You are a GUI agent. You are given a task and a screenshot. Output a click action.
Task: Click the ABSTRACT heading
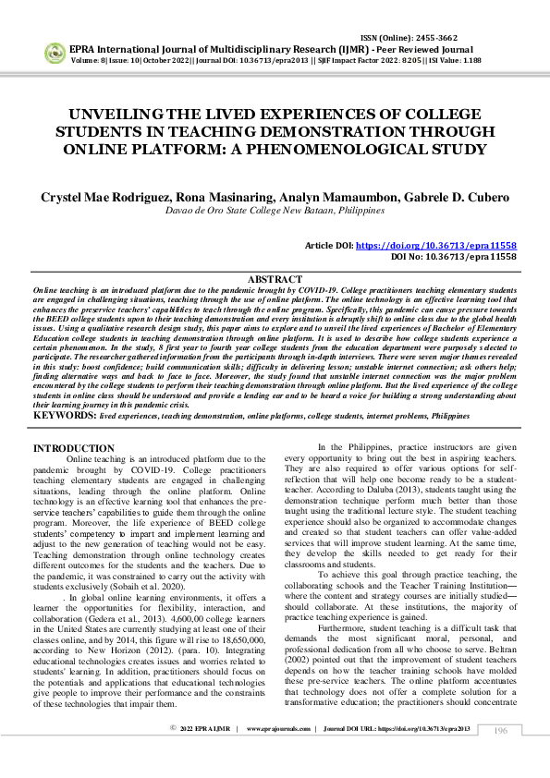click(x=275, y=279)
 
